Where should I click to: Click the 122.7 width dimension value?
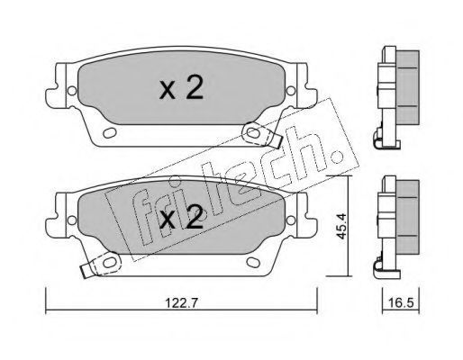tap(181, 303)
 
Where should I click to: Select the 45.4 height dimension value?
tap(341, 226)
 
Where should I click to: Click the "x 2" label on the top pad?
tap(181, 87)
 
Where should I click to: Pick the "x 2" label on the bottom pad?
tap(181, 217)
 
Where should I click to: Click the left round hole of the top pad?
tap(72, 91)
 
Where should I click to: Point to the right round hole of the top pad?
tap(291, 91)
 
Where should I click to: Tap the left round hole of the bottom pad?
tap(72, 220)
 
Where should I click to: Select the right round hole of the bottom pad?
tap(291, 220)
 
